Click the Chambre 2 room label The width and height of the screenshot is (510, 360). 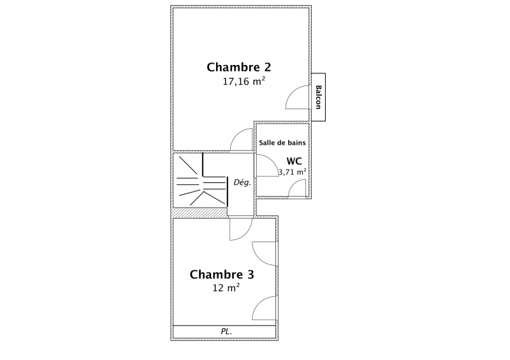pos(238,68)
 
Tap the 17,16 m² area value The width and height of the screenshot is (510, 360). pos(244,82)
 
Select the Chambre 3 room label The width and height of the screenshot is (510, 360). pos(222,275)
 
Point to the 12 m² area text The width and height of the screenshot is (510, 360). pos(226,288)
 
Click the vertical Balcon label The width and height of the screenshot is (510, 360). pos(318,97)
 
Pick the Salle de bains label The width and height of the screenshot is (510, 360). pos(282,143)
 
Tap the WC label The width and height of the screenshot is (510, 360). pos(294,161)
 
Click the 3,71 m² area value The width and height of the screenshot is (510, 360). pos(293,171)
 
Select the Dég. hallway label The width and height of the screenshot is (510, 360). pos(242,182)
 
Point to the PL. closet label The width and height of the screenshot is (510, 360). pos(226,332)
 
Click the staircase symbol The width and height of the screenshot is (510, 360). pos(201,180)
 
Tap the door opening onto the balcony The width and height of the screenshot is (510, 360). pos(298,97)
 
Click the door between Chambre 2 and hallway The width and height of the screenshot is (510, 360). pos(242,140)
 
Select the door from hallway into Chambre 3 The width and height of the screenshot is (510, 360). pos(241,229)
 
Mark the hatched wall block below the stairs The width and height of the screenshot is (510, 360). pos(200,213)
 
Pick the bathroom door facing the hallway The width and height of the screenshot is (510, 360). pos(267,166)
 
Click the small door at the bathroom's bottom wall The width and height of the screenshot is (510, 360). pos(297,189)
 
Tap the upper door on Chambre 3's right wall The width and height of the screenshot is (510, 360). pos(265,254)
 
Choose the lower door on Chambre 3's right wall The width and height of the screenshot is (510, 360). pos(265,308)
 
